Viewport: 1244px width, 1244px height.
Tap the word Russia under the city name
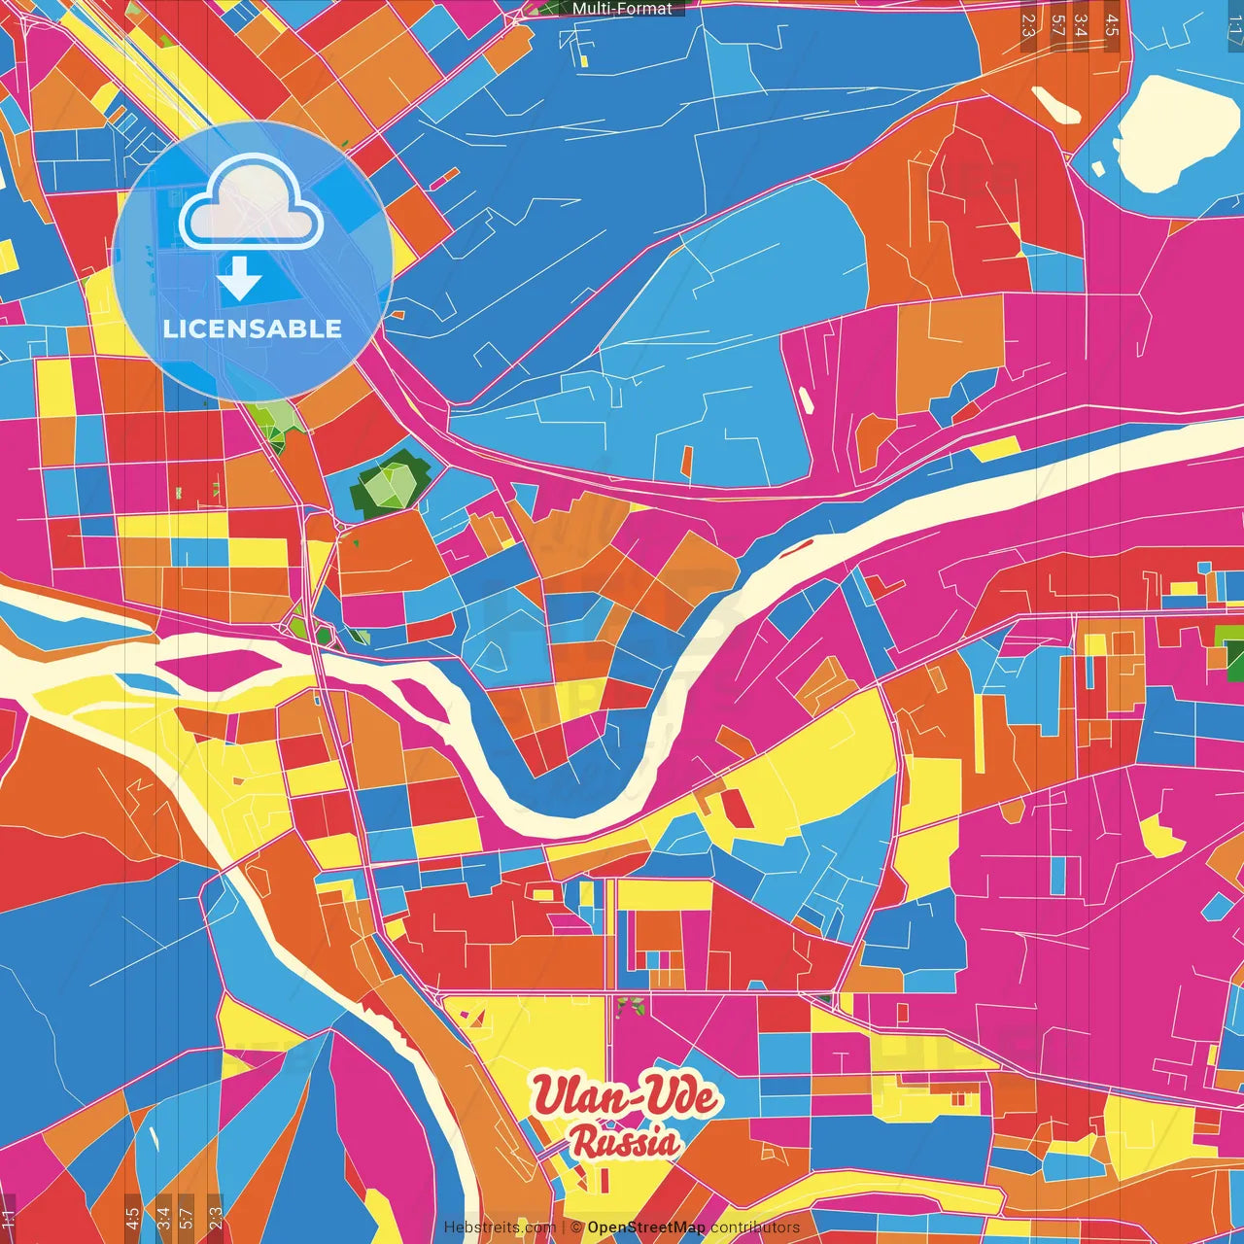[x=625, y=1142]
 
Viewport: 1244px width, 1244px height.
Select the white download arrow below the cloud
[x=239, y=279]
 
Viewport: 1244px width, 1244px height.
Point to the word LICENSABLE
[x=253, y=328]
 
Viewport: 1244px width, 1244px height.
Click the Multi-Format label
[x=622, y=9]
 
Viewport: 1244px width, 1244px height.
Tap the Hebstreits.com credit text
[x=500, y=1227]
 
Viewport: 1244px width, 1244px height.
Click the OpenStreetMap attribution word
[x=645, y=1227]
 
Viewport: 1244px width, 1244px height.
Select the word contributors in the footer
[x=755, y=1227]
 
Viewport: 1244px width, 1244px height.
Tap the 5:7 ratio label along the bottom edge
[x=187, y=1214]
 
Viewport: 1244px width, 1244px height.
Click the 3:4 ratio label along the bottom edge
[x=162, y=1214]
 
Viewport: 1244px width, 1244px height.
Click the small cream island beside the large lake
[x=1055, y=105]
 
